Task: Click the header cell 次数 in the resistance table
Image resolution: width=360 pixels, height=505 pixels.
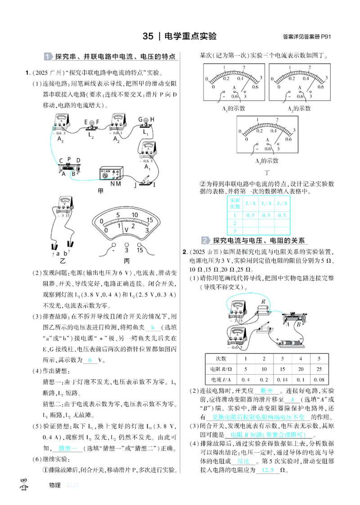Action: [x=221, y=358]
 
